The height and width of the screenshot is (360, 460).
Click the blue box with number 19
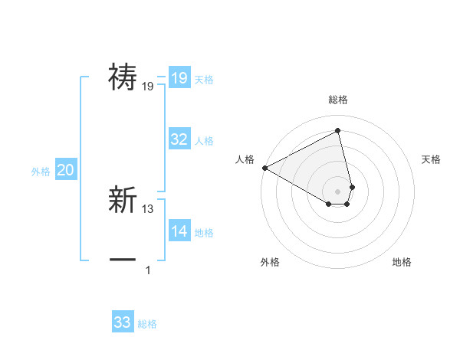[179, 78]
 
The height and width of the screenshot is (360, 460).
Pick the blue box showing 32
[179, 139]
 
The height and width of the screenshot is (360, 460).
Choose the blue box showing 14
[179, 231]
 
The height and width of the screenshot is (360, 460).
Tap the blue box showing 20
[65, 170]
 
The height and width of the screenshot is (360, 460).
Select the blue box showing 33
[123, 322]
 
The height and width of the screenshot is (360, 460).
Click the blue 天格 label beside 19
[204, 80]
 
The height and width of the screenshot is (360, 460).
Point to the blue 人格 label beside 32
[204, 141]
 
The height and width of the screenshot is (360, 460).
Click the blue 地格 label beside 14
[204, 233]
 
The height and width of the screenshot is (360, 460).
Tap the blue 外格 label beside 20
[41, 172]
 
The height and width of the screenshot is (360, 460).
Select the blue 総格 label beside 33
[147, 324]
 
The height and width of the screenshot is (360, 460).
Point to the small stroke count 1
[148, 270]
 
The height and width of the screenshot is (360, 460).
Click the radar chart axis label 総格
[338, 100]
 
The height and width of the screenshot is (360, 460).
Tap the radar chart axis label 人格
[245, 159]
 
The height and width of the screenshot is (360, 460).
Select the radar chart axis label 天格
[431, 159]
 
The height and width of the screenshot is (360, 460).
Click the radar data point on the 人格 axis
[264, 168]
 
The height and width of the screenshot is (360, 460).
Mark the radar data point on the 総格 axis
[338, 131]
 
